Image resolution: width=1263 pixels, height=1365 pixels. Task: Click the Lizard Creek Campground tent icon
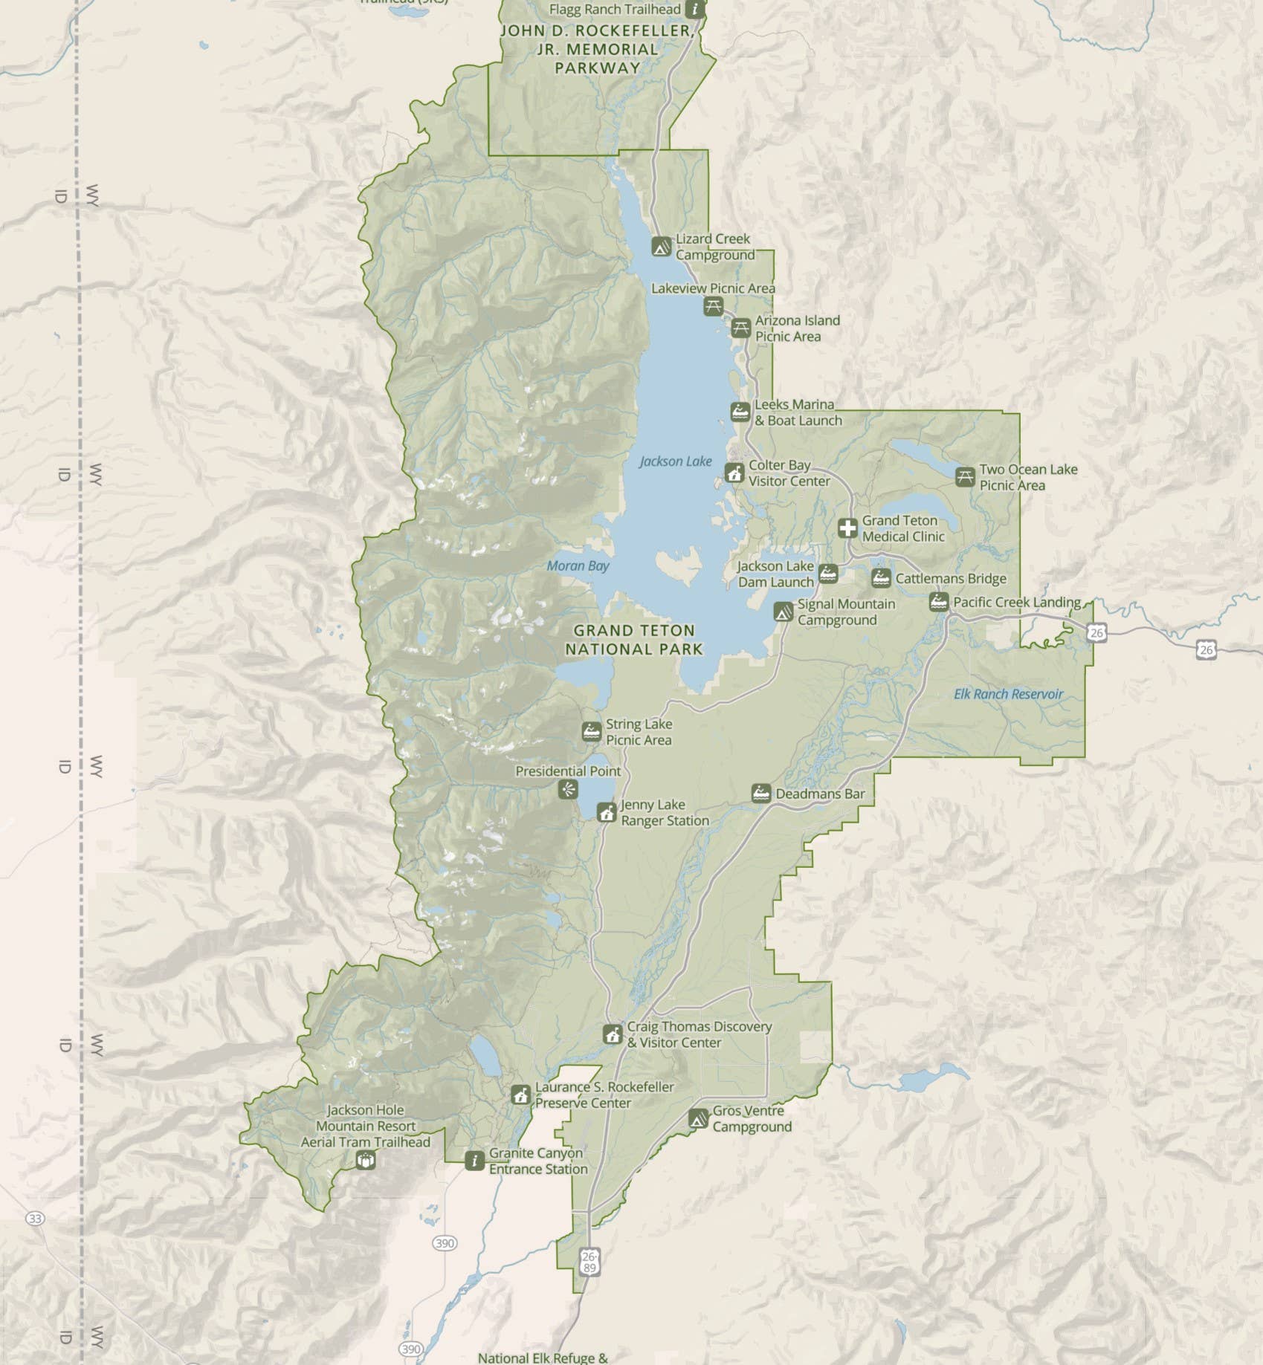tap(661, 247)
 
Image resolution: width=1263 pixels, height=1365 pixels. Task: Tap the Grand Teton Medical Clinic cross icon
tap(847, 528)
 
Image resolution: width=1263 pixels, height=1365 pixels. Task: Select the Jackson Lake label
tap(675, 461)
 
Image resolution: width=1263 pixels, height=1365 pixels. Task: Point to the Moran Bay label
tap(578, 566)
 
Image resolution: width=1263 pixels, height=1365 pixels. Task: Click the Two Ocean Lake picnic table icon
tap(965, 477)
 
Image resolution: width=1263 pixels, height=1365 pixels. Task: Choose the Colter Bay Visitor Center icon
tap(734, 473)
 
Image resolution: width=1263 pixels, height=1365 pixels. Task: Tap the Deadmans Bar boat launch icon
tap(760, 794)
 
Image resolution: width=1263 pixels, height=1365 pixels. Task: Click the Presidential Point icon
tap(568, 790)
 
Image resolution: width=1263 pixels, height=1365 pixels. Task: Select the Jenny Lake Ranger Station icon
tap(607, 812)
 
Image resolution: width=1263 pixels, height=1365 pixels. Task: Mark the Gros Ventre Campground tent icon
tap(697, 1118)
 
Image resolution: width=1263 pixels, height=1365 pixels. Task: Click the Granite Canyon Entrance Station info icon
tap(474, 1161)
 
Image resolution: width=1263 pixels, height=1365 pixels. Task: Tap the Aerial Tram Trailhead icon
tap(365, 1160)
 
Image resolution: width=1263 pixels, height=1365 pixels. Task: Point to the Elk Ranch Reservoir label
tap(1008, 694)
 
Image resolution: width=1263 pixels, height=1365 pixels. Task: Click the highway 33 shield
tap(35, 1219)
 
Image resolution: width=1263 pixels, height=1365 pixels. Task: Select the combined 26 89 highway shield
tap(589, 1262)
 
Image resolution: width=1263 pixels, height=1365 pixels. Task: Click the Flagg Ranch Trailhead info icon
tap(695, 9)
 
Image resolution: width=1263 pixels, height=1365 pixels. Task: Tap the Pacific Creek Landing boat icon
tap(939, 602)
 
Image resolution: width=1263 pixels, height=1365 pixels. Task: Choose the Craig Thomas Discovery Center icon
tap(612, 1034)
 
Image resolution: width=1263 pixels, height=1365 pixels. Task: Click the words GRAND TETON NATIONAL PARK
tap(633, 640)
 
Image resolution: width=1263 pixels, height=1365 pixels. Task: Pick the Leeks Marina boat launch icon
tap(740, 412)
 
